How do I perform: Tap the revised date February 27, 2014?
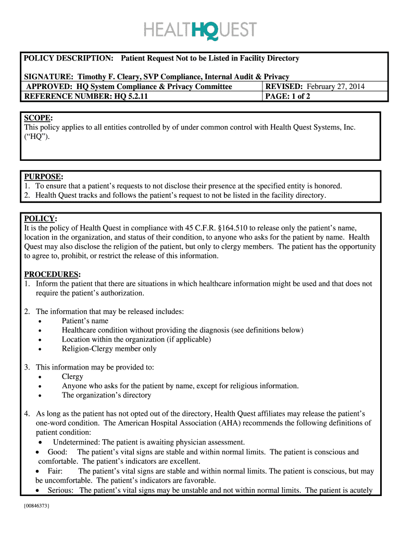[x=335, y=86]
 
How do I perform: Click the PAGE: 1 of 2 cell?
[x=288, y=96]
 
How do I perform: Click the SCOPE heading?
[x=38, y=118]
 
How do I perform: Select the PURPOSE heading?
[x=43, y=177]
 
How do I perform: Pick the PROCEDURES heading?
[x=52, y=274]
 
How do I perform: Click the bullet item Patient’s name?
[x=85, y=321]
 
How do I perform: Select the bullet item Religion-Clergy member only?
[x=109, y=349]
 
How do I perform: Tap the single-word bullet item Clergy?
[x=72, y=376]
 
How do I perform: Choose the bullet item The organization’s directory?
[x=106, y=395]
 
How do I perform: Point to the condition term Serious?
[x=61, y=490]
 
